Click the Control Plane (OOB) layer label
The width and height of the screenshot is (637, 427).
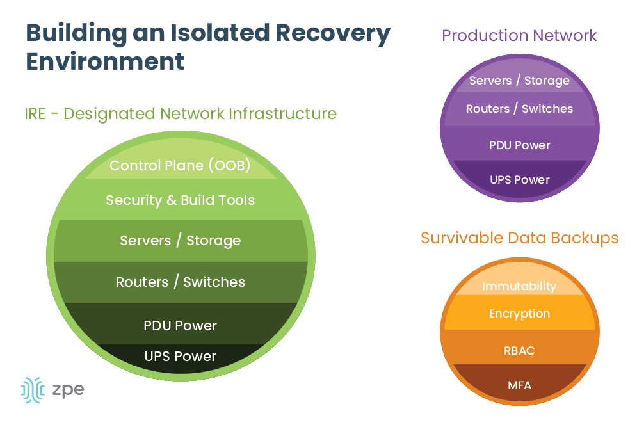click(x=180, y=166)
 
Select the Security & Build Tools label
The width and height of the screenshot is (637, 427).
click(x=180, y=200)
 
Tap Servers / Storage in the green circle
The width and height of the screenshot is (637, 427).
click(x=180, y=241)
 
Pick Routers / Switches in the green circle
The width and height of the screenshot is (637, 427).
click(x=180, y=282)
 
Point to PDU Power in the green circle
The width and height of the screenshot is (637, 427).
click(x=180, y=325)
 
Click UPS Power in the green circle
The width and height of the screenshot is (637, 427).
click(x=180, y=356)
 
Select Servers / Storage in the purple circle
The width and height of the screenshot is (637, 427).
click(x=519, y=81)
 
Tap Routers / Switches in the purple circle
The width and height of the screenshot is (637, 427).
click(x=519, y=109)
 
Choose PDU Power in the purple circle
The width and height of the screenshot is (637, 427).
click(x=519, y=145)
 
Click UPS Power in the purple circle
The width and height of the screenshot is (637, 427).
click(x=519, y=180)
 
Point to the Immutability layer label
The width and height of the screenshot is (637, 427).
click(x=519, y=286)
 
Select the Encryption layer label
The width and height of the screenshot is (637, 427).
click(x=519, y=314)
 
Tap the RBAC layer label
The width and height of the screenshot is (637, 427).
click(x=519, y=351)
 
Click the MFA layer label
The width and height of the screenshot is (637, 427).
click(x=519, y=385)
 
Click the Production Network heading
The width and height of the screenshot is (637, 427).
click(x=519, y=35)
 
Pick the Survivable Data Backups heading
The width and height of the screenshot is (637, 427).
click(x=519, y=238)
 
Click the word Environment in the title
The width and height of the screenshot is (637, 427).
click(x=105, y=61)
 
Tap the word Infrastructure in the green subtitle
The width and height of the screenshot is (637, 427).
click(x=281, y=114)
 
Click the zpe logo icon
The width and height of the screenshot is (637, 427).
click(x=32, y=390)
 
